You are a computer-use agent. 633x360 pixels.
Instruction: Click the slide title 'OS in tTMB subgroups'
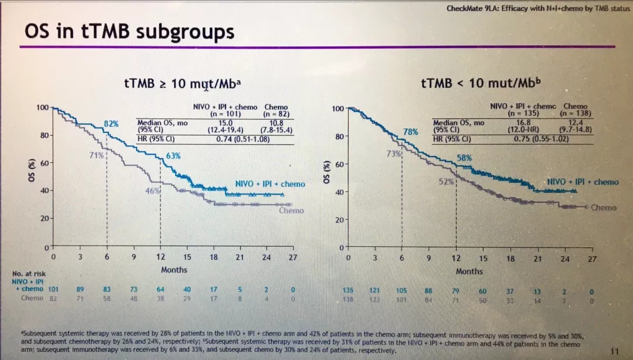point(130,31)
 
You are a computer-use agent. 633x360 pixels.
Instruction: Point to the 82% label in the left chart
point(111,124)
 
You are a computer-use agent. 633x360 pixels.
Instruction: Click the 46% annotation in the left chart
point(152,191)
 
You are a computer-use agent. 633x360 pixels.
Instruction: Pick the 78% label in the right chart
point(410,132)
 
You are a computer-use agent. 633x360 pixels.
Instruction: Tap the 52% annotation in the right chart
point(447,182)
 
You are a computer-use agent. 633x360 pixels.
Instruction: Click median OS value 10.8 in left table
point(276,123)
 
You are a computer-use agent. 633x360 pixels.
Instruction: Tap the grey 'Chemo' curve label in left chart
point(291,210)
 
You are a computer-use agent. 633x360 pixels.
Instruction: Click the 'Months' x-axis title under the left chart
point(174,270)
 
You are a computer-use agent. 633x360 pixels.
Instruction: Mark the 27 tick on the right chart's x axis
point(591,259)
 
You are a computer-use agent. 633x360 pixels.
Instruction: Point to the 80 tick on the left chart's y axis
point(44,135)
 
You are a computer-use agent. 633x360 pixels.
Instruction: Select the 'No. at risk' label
point(29,274)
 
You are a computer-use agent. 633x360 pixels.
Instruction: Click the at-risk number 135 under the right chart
point(349,290)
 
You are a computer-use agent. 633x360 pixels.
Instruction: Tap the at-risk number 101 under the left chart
point(53,289)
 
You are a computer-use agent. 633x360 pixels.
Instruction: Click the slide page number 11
point(615,351)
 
